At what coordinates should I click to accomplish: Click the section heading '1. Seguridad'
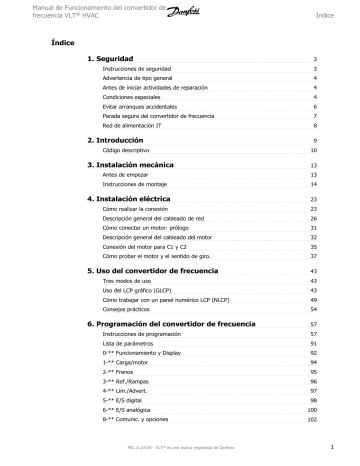pyautogui.click(x=118, y=60)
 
